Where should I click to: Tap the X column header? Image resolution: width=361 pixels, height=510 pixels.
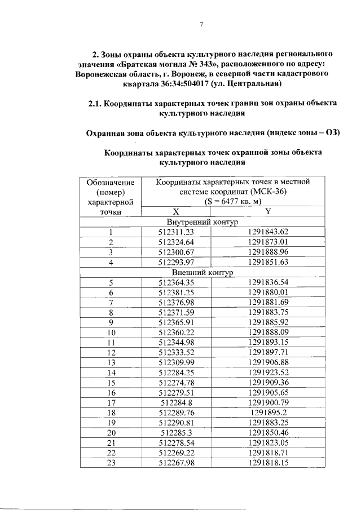(176, 211)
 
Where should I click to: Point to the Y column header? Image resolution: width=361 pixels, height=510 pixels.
(268, 211)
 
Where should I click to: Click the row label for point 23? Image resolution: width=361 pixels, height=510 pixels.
(111, 463)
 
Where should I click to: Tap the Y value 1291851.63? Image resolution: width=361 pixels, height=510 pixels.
(268, 262)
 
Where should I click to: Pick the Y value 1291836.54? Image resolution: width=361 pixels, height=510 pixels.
(268, 282)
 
